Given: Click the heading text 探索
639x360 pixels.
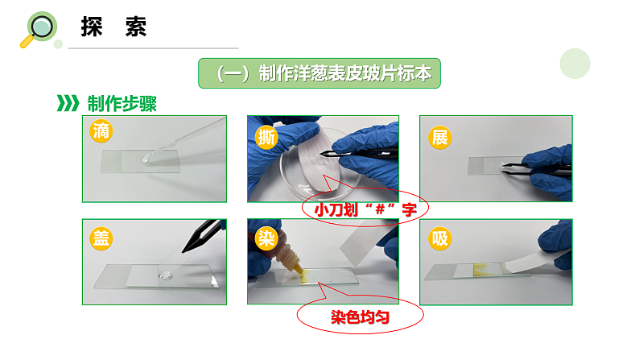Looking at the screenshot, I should pos(113,27).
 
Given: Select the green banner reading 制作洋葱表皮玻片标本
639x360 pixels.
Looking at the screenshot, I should pos(319,73).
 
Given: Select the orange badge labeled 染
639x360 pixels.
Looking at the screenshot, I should pos(266,238).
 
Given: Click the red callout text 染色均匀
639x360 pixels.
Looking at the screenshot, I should pos(360,317).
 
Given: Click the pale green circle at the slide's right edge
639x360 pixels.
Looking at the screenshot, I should pos(575,64).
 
